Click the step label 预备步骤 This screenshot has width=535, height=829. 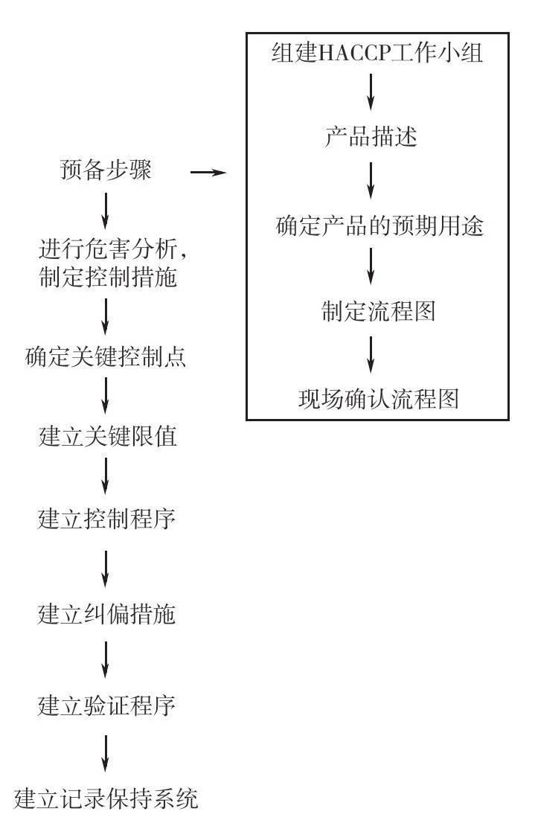106,170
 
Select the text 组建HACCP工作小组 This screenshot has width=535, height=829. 377,53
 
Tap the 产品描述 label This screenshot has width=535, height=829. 371,136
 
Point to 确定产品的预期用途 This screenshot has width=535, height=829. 379,225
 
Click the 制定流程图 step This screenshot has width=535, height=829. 379,311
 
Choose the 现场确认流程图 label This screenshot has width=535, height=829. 379,399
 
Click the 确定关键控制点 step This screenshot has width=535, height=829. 106,357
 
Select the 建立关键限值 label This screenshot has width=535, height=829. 108,437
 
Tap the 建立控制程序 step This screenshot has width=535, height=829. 106,519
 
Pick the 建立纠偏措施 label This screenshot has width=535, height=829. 106,614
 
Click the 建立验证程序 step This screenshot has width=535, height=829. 106,705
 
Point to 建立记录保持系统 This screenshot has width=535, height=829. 106,798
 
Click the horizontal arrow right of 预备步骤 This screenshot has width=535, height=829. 208,173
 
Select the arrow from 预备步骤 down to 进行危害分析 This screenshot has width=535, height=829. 106,211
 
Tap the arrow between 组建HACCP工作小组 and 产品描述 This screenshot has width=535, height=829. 371,92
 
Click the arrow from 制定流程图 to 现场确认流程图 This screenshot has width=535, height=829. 371,355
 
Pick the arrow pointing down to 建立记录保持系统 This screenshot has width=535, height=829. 106,753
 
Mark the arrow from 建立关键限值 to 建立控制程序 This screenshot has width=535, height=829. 106,476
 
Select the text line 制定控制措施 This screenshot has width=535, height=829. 109,277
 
